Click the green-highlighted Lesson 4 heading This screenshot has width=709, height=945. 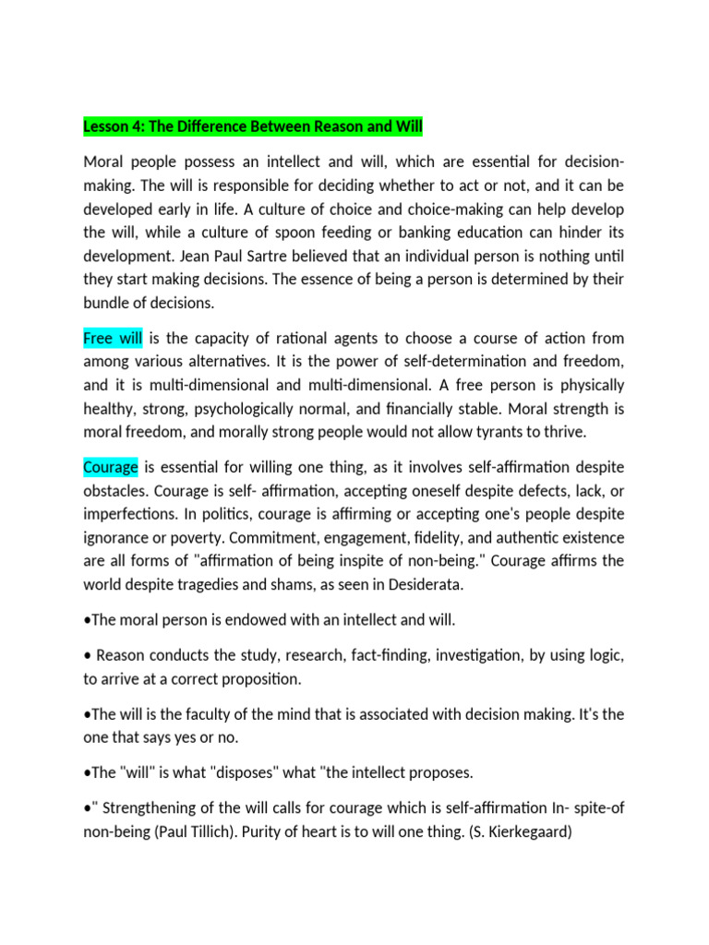253,126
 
